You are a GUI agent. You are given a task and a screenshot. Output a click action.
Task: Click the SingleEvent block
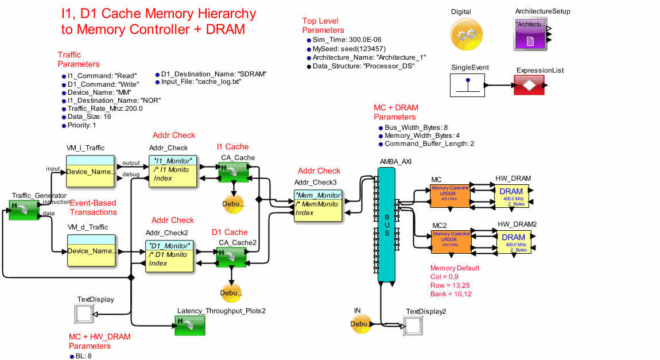(x=468, y=86)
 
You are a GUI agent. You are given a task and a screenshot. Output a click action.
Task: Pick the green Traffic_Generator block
(x=24, y=210)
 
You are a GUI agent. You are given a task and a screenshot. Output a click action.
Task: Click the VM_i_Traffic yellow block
(x=90, y=171)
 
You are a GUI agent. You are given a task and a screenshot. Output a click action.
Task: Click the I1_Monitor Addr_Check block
(x=173, y=171)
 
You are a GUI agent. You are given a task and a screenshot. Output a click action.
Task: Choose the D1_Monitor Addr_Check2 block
(x=171, y=254)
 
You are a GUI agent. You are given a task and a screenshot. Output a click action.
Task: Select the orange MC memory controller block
(x=450, y=196)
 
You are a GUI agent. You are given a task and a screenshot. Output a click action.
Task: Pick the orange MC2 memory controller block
(x=450, y=242)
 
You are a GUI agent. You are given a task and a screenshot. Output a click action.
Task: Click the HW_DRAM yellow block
(x=511, y=196)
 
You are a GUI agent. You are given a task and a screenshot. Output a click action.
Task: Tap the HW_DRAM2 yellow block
(x=513, y=242)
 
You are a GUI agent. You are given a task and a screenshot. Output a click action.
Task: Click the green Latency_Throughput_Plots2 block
(x=190, y=325)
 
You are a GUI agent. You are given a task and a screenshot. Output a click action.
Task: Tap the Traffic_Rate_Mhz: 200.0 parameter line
(x=105, y=108)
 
